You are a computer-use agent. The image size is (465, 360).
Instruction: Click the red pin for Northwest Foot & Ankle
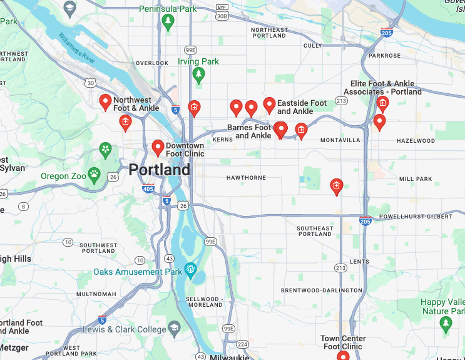pos(105,101)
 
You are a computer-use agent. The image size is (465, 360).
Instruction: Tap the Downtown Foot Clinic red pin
pos(158,147)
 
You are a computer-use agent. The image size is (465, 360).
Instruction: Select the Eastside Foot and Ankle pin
pos(269,105)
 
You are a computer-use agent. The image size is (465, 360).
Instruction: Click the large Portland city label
pos(160,170)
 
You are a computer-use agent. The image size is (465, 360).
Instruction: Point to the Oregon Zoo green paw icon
pos(95,175)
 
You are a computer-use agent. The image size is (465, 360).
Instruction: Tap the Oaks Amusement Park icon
pos(190,271)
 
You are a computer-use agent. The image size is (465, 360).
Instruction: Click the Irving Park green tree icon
pos(199,75)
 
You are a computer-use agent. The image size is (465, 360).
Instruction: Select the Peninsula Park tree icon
pos(167,22)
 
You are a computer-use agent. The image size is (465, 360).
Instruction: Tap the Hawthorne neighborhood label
pos(246,178)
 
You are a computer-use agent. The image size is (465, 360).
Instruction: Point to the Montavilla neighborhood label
pos(340,140)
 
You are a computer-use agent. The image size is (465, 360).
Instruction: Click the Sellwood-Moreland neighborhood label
pos(204,302)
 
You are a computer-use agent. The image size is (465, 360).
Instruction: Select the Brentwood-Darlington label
pos(321,291)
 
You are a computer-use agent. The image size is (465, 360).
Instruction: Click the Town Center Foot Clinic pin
pos(343,356)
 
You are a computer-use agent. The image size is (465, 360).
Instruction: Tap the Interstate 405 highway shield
pos(148,188)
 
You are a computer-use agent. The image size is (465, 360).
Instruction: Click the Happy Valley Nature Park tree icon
pos(446,322)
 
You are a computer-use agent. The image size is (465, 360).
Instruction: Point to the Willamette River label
pos(77,49)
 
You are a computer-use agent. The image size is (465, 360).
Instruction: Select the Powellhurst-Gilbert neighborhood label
pos(416,217)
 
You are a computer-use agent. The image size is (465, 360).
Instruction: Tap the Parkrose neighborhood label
pos(384,56)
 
